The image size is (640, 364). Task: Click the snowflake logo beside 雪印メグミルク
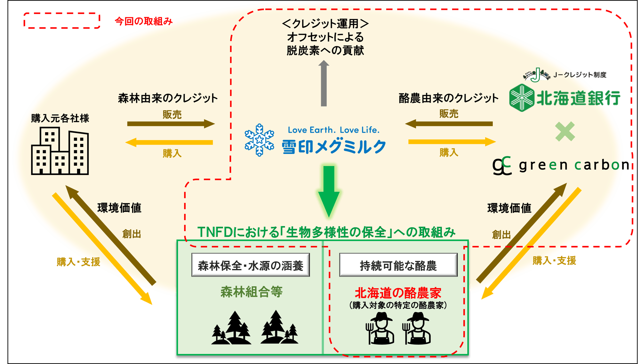click(259, 140)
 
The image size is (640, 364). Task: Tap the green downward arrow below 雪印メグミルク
click(329, 191)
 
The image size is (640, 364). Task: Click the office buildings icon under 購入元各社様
click(60, 151)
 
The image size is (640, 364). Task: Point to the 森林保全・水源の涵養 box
click(251, 265)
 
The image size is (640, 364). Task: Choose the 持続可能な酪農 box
click(398, 265)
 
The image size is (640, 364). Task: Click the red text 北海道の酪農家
click(398, 293)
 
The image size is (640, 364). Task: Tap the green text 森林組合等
click(252, 292)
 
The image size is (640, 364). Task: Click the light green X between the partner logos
click(565, 131)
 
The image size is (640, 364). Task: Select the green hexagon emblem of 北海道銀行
click(522, 98)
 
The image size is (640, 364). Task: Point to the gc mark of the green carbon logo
click(502, 165)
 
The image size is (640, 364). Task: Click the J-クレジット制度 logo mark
click(536, 75)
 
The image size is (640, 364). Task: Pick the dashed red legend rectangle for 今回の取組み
click(62, 21)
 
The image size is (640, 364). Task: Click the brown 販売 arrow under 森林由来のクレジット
click(171, 124)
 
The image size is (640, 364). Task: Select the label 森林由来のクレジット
click(168, 98)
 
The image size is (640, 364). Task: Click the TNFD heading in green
click(326, 232)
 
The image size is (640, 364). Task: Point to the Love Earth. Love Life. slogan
click(334, 130)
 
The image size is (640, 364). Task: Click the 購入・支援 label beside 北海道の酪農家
click(554, 261)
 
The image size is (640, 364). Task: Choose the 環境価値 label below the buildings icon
click(119, 208)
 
